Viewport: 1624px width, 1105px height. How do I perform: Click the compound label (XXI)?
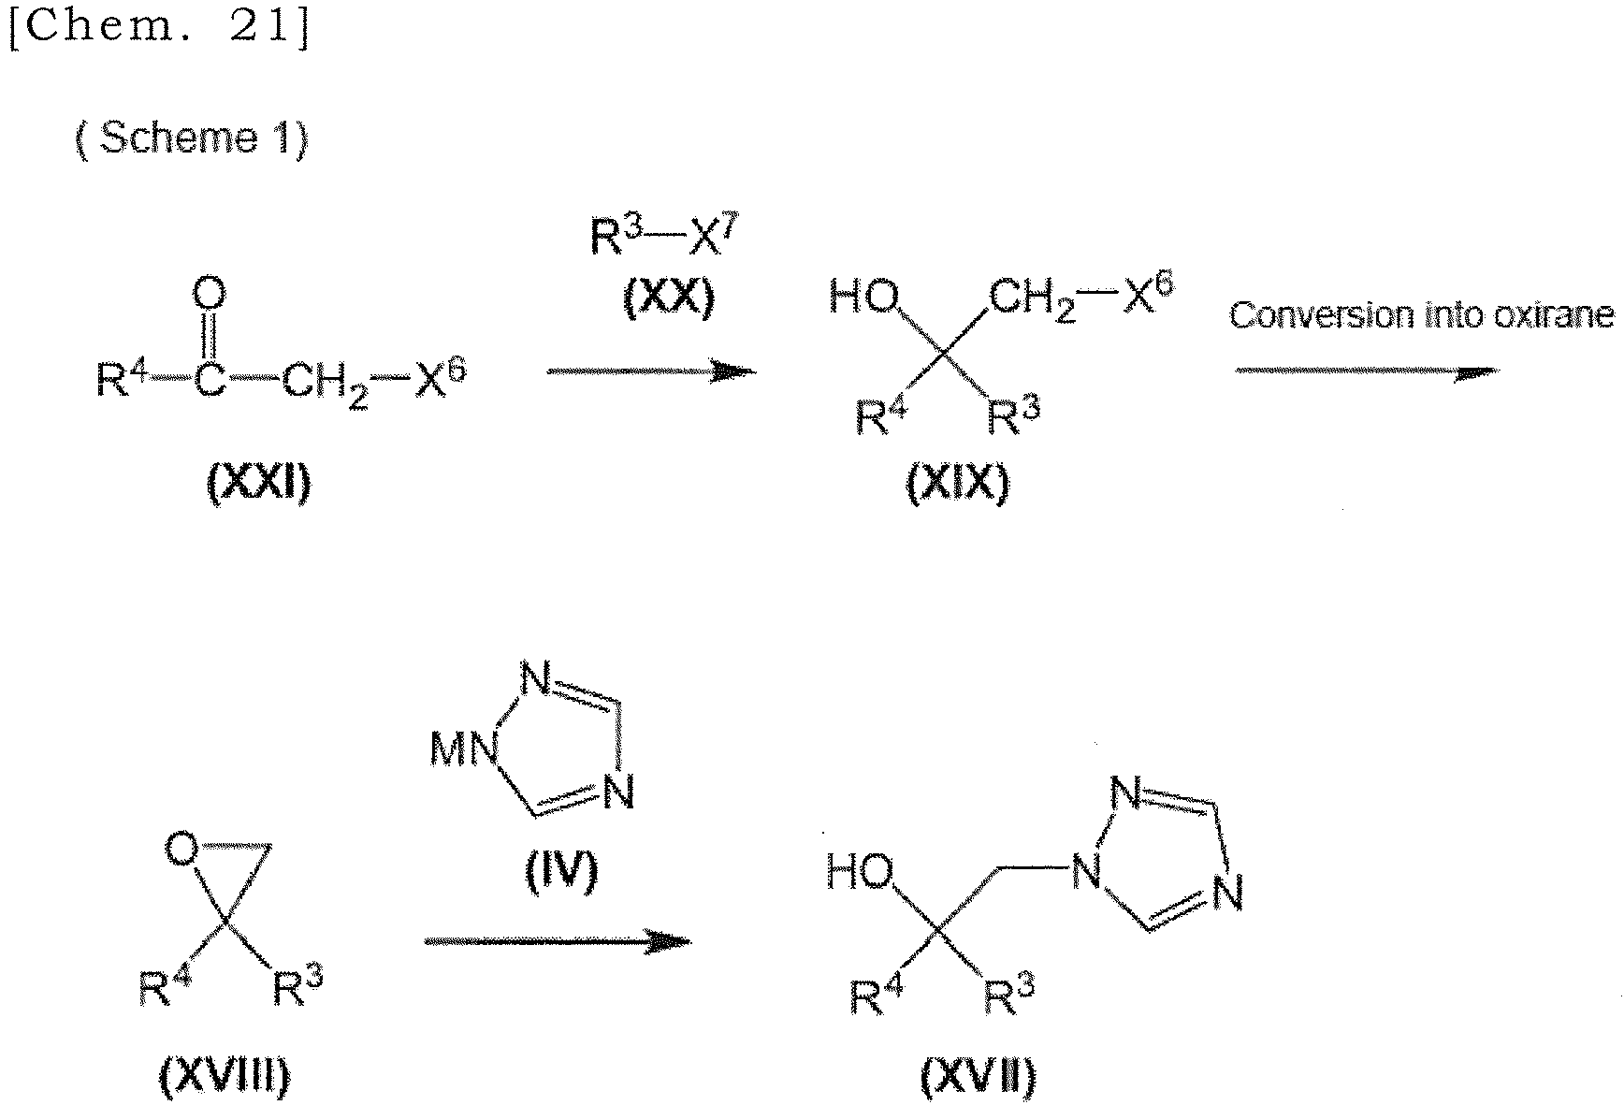click(258, 485)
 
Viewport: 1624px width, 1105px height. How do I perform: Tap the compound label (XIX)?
click(958, 485)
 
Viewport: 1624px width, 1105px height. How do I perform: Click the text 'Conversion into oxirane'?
click(1421, 315)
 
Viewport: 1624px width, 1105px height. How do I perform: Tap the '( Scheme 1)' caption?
click(192, 139)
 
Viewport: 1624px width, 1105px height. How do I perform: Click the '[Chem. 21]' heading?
click(159, 29)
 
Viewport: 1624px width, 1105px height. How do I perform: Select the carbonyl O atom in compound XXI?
click(210, 296)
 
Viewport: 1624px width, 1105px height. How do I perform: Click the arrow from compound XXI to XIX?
click(652, 371)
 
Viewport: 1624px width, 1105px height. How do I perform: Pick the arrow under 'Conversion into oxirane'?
click(1367, 371)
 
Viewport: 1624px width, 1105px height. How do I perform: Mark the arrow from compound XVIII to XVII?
click(558, 940)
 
